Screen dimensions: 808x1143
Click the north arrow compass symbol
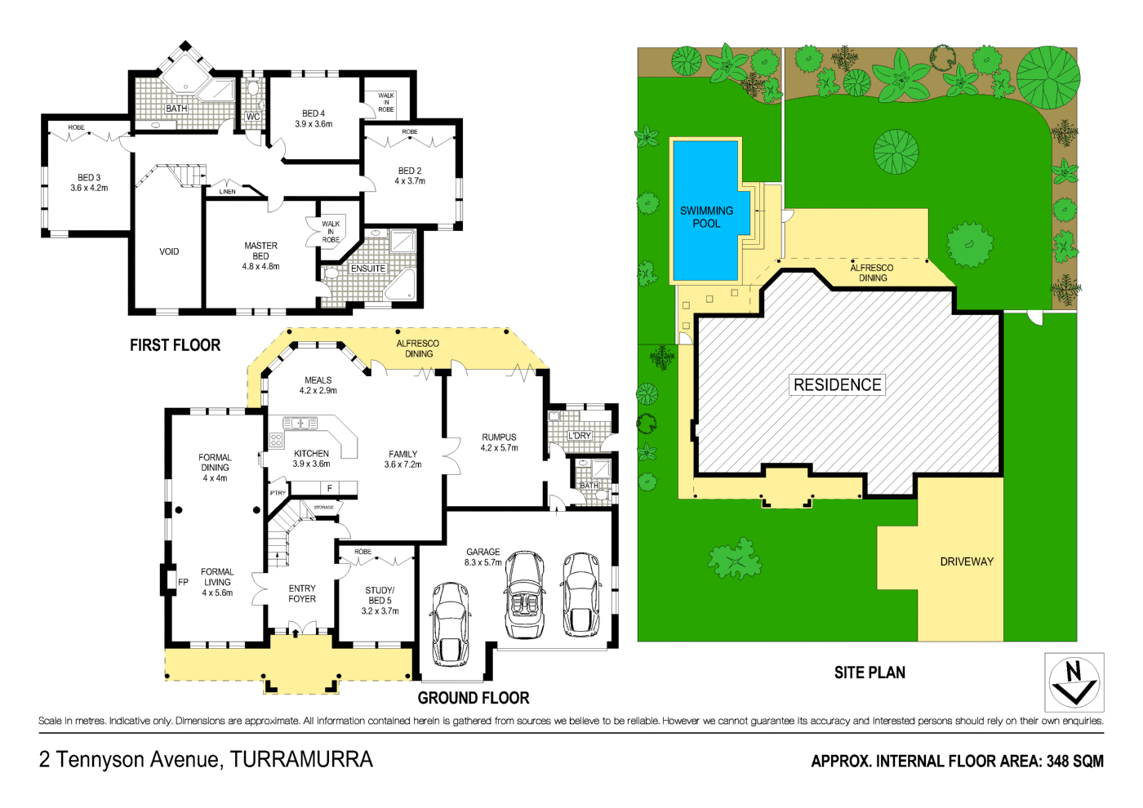pyautogui.click(x=1074, y=682)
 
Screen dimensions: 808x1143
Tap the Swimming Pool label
pyautogui.click(x=706, y=217)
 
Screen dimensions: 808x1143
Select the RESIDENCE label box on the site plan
pyautogui.click(x=837, y=384)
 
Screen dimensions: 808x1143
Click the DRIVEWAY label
pyautogui.click(x=967, y=562)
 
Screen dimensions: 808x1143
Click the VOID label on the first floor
pyautogui.click(x=169, y=251)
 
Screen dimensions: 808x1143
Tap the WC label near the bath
pyautogui.click(x=253, y=117)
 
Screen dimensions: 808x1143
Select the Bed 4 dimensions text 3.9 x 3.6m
pyautogui.click(x=314, y=124)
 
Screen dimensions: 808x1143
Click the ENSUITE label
pyautogui.click(x=368, y=269)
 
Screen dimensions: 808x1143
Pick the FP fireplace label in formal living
pyautogui.click(x=183, y=582)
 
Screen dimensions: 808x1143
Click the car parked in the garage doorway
pyautogui.click(x=450, y=623)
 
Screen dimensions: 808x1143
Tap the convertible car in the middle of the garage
pyautogui.click(x=525, y=594)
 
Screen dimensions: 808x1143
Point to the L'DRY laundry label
pyautogui.click(x=580, y=436)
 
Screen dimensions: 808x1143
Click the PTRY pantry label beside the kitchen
pyautogui.click(x=278, y=493)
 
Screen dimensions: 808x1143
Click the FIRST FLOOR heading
pyautogui.click(x=175, y=345)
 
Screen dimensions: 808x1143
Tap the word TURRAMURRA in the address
pyautogui.click(x=301, y=760)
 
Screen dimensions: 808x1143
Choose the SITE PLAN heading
pyautogui.click(x=869, y=673)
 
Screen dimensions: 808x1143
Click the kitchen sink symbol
pyautogui.click(x=300, y=423)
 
